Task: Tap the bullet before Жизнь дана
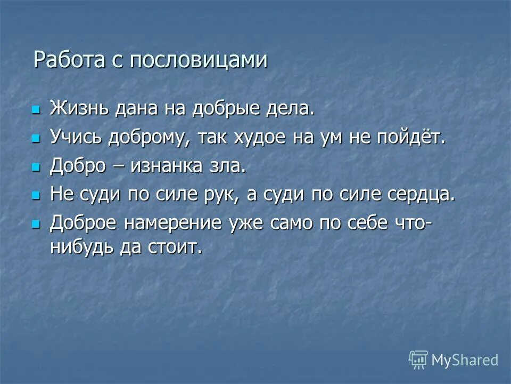pos(36,109)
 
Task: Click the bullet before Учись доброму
pos(36,139)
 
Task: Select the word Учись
pos(78,138)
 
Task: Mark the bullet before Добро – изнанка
pos(36,167)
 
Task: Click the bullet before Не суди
pos(36,196)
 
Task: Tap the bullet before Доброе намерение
pos(36,225)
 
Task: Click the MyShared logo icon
pos(418,360)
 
